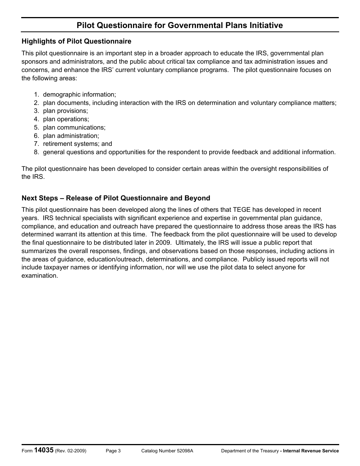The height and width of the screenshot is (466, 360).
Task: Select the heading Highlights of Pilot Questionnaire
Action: pyautogui.click(x=77, y=41)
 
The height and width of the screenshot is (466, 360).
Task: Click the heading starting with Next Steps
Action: pyautogui.click(x=116, y=198)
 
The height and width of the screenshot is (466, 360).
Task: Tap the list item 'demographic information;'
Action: pyautogui.click(x=79, y=94)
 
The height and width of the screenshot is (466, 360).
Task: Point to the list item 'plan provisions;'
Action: pyautogui.click(x=65, y=111)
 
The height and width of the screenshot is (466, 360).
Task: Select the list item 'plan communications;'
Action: pyautogui.click(x=74, y=128)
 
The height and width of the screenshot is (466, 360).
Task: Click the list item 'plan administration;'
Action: pyautogui.click(x=71, y=136)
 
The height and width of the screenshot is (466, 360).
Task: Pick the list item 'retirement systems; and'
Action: pyautogui.click(x=77, y=144)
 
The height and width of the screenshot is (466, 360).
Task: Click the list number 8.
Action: pyautogui.click(x=36, y=152)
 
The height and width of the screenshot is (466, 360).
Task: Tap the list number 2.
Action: pyautogui.click(x=36, y=103)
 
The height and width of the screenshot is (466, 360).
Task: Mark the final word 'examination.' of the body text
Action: pyautogui.click(x=40, y=276)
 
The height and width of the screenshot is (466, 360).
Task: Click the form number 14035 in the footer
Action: pyautogui.click(x=44, y=450)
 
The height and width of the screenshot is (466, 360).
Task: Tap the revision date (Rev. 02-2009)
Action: pyautogui.click(x=70, y=451)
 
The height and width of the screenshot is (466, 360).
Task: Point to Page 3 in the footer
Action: pyautogui.click(x=113, y=451)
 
